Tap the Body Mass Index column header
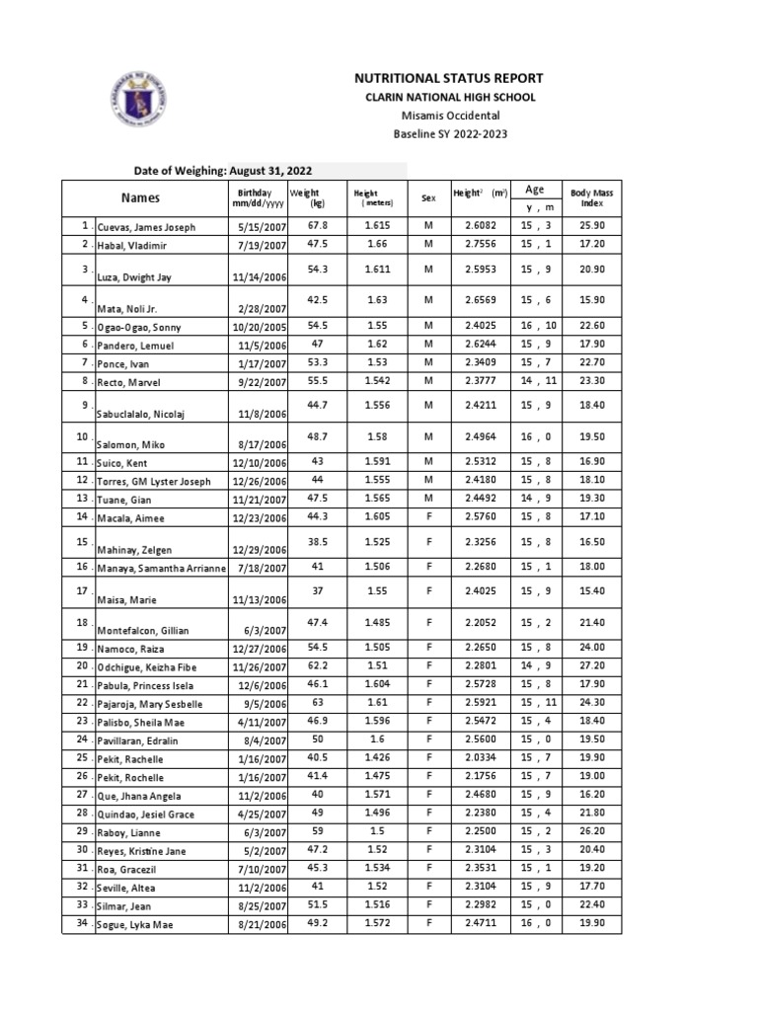coord(591,197)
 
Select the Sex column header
coord(428,198)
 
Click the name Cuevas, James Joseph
coord(146,228)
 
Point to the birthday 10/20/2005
coord(259,327)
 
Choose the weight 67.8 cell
coord(317,226)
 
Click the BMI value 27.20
coord(592,666)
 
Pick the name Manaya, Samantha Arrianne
coord(161,568)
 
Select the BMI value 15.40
coord(592,590)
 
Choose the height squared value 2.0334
coord(482,758)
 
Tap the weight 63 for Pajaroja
coord(317,703)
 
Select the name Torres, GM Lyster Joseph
coord(154,482)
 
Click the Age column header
coord(535,190)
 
